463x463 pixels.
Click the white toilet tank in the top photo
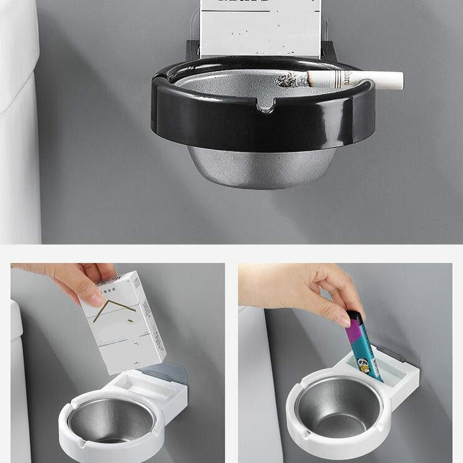point(19,123)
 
